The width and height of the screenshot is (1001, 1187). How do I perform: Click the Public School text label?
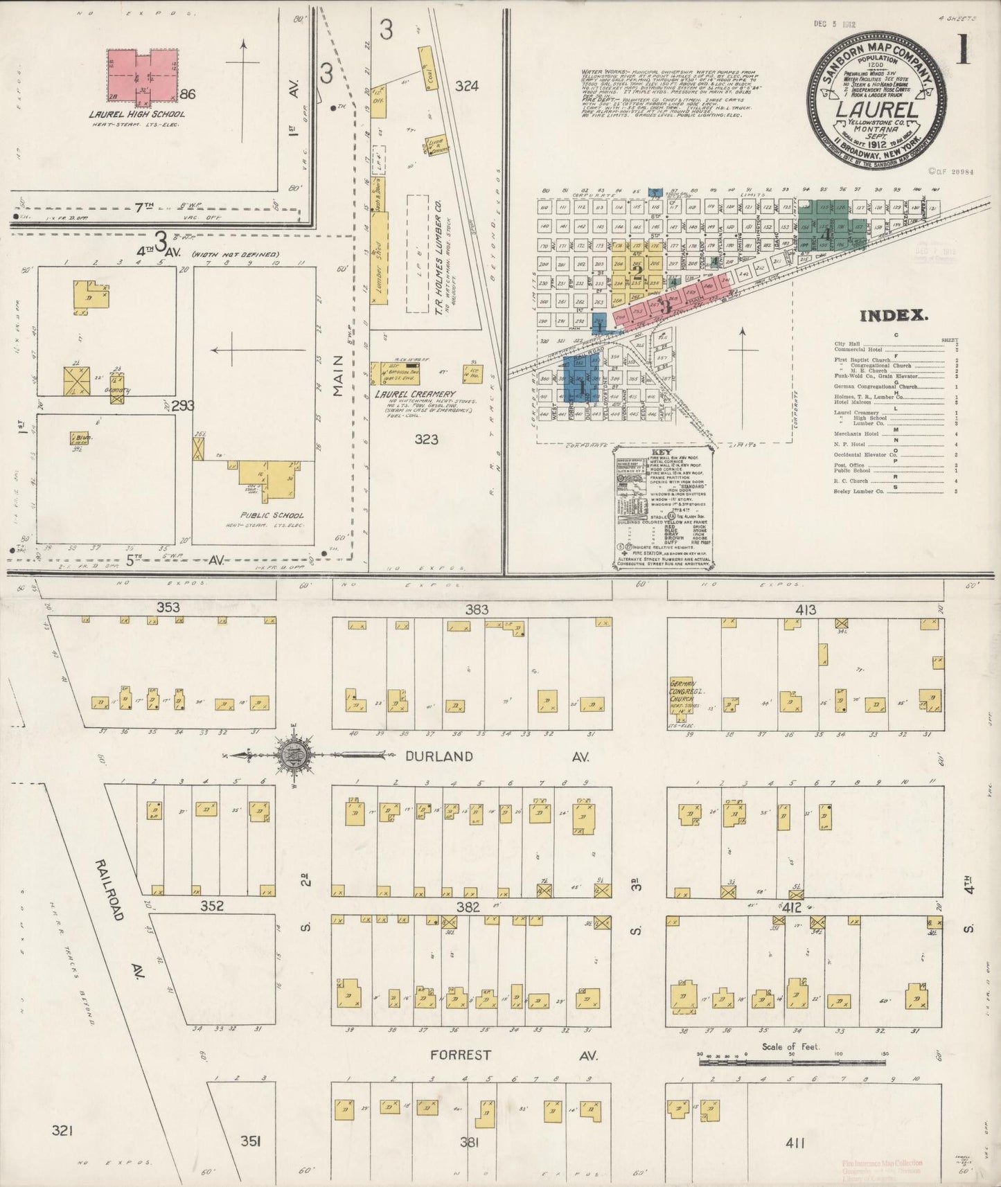pyautogui.click(x=272, y=515)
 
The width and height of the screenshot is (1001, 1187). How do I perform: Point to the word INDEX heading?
pyautogui.click(x=894, y=316)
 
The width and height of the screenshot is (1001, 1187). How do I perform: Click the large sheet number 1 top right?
pyautogui.click(x=962, y=51)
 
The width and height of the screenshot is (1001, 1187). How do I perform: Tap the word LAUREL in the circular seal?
pyautogui.click(x=877, y=109)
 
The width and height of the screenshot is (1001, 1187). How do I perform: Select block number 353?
pyautogui.click(x=168, y=607)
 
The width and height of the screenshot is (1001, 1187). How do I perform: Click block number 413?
pyautogui.click(x=806, y=610)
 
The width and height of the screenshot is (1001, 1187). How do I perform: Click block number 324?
pyautogui.click(x=467, y=86)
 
